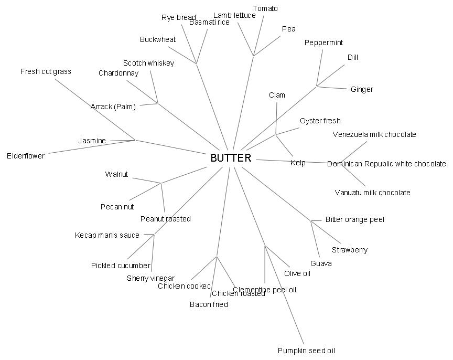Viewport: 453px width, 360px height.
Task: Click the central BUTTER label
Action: [x=231, y=158]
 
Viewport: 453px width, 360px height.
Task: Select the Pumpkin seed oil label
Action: [x=306, y=351]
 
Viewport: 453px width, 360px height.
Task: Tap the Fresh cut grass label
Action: [x=46, y=71]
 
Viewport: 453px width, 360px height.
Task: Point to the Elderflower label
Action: [x=26, y=156]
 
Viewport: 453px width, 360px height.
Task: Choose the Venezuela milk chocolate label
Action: [x=374, y=134]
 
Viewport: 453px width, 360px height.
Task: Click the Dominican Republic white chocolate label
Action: [x=386, y=164]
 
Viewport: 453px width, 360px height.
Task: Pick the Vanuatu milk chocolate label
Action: [x=372, y=193]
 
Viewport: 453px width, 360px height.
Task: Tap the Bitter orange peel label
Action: [x=354, y=219]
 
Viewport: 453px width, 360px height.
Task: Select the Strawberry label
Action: [x=350, y=250]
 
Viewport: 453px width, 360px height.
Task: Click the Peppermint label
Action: [x=323, y=43]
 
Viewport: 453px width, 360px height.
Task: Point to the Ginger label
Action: [x=362, y=89]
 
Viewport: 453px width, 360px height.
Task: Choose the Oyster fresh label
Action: [x=320, y=121]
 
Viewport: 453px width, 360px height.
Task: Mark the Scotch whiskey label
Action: [x=148, y=63]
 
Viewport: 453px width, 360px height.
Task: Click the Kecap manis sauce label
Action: [x=107, y=235]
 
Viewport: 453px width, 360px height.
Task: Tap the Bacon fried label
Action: [x=209, y=304]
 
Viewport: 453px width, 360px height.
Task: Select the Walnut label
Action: [x=116, y=174]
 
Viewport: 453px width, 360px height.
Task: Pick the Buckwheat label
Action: [x=158, y=39]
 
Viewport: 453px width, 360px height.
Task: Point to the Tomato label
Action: [x=265, y=8]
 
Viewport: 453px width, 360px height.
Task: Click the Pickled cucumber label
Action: [x=121, y=266]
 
